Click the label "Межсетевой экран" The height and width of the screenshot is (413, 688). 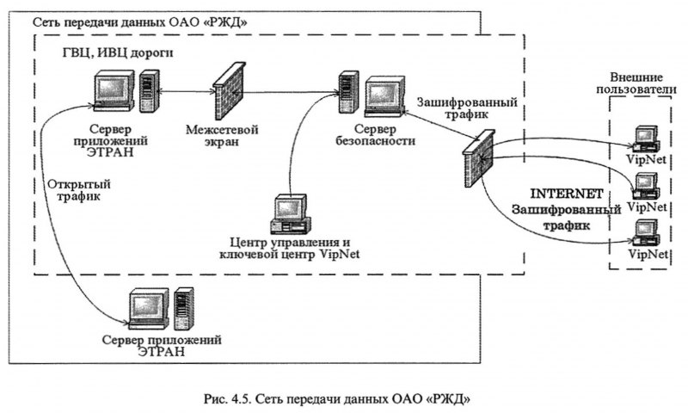click(222, 136)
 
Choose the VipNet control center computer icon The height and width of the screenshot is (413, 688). click(289, 216)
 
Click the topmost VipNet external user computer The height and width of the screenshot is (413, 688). click(646, 138)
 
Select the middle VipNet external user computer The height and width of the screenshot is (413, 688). click(647, 184)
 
